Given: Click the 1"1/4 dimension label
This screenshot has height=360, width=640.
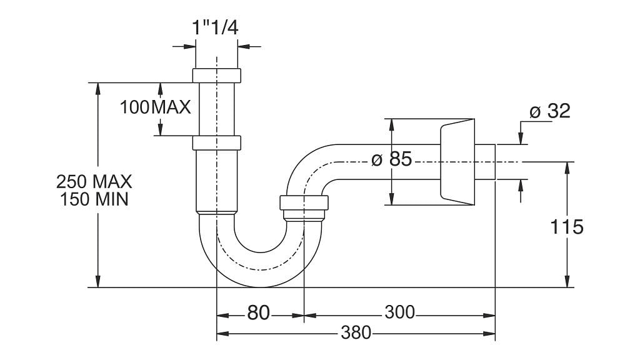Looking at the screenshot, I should click(216, 27).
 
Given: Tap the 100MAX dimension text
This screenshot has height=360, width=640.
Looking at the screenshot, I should click(155, 107).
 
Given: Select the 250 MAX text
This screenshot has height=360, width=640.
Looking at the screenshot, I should click(94, 182).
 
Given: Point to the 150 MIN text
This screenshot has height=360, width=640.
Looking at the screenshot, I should click(94, 200).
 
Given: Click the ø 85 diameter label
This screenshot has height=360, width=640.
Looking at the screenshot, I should click(391, 159).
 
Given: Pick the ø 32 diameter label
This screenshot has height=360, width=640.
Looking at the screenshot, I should click(549, 111).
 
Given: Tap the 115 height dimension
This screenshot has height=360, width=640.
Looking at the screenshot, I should click(567, 226).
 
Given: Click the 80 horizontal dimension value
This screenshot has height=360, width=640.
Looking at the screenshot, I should click(258, 312).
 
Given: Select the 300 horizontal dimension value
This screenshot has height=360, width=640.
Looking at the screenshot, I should click(400, 312).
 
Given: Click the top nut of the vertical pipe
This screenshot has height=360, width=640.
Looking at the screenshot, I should click(216, 75).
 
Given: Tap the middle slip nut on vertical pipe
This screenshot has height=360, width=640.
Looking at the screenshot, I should click(216, 142).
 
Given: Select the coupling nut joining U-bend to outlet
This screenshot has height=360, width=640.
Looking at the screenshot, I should click(304, 203).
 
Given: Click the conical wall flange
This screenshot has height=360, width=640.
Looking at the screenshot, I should click(456, 161).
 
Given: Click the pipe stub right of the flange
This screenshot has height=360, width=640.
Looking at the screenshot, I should click(486, 162).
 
